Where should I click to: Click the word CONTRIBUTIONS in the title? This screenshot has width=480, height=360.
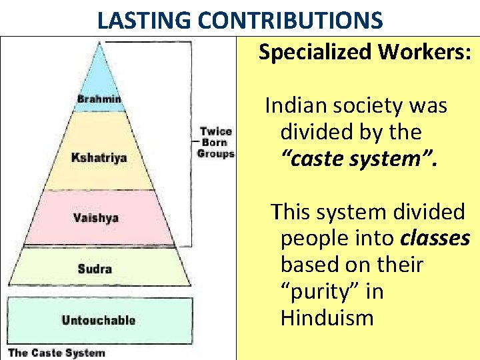[x=291, y=21]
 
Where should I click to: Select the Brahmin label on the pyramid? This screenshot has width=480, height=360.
[x=99, y=100]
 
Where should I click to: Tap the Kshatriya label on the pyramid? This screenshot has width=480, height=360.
[x=99, y=158]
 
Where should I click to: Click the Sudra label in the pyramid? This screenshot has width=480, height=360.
[x=95, y=269]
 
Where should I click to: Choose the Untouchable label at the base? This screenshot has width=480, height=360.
[x=98, y=320]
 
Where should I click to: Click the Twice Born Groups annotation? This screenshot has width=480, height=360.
[x=215, y=143]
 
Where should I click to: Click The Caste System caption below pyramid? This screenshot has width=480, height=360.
[x=56, y=353]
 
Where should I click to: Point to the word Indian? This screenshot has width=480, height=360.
[x=294, y=105]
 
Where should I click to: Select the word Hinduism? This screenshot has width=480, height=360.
[x=327, y=318]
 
